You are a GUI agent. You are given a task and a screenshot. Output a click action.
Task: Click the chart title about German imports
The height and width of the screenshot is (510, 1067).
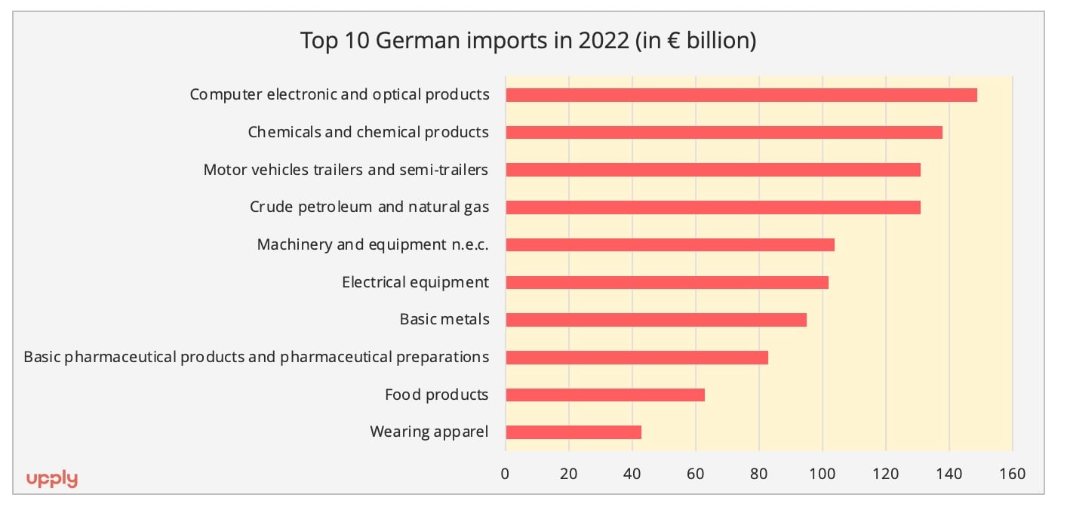coord(528,40)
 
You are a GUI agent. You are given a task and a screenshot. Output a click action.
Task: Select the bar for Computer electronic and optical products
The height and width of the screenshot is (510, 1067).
coord(741,95)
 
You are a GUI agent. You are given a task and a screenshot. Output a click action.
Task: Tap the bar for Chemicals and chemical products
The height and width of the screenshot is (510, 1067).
coord(724,133)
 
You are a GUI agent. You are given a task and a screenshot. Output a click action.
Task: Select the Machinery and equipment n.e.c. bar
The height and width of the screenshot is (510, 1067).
coord(670,245)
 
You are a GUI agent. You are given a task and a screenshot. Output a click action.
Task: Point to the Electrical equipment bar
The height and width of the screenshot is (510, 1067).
coord(667,282)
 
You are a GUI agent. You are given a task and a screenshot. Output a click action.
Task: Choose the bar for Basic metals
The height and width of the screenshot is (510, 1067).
coord(656,320)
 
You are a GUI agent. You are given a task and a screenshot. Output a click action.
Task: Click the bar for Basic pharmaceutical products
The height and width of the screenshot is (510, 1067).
coord(637,358)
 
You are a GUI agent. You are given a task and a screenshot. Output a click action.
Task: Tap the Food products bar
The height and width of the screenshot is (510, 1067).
coord(605,395)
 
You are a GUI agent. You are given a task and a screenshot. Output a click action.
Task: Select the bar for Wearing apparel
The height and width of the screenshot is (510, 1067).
coord(573,432)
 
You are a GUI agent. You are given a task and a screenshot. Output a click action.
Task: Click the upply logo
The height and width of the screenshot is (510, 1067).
coord(52,479)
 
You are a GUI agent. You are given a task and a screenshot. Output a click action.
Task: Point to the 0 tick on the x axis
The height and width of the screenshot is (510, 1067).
coord(505,474)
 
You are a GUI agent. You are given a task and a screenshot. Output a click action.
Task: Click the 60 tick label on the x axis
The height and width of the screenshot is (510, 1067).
coord(695,474)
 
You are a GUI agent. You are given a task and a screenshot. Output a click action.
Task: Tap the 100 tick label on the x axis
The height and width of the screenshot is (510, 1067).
coord(822,474)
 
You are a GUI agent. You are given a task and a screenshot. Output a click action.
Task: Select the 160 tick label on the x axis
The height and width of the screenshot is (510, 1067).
coord(1012,474)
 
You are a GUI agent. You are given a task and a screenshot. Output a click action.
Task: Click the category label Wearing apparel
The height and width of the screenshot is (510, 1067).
coord(429,432)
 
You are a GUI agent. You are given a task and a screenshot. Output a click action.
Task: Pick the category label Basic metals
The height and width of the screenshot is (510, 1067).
coord(444,320)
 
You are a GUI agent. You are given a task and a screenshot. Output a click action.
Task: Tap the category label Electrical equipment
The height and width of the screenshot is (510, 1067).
coord(415,282)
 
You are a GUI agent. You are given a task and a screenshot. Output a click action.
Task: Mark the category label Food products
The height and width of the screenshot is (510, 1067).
coord(436,395)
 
